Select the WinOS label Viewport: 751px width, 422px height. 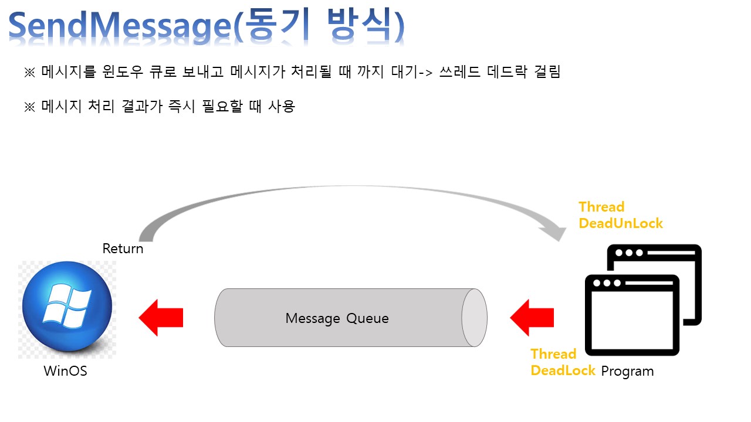click(65, 371)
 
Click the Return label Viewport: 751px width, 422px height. click(123, 249)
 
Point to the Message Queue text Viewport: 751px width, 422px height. click(337, 318)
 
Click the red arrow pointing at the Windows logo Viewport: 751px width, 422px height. click(161, 318)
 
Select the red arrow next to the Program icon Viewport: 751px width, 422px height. click(532, 318)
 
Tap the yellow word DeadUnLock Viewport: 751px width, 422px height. click(621, 223)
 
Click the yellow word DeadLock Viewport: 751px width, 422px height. click(563, 370)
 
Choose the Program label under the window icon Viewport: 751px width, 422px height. click(627, 371)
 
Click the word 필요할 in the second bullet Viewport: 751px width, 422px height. click(222, 107)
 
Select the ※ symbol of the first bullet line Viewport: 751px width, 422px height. click(30, 73)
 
